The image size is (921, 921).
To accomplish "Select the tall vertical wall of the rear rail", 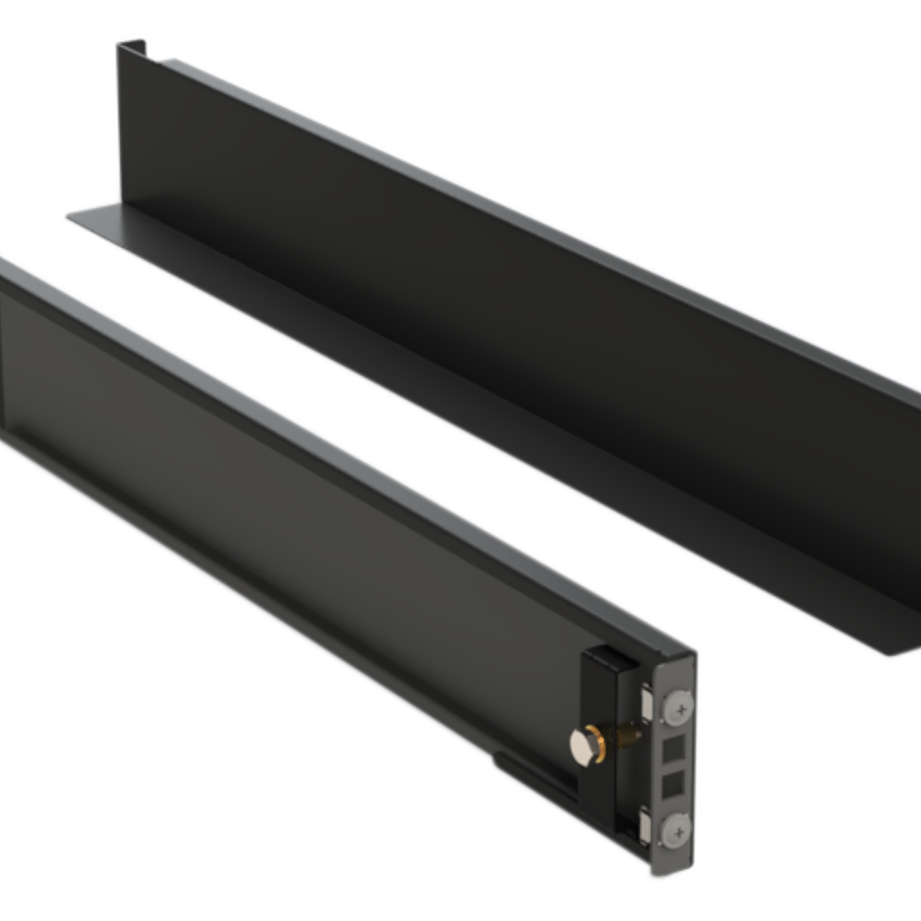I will coord(485,323).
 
